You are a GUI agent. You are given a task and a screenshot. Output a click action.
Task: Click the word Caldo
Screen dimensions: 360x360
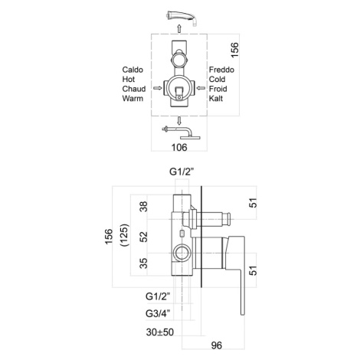(x=133, y=70)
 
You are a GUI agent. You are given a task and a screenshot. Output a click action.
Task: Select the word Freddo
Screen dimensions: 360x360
(x=221, y=70)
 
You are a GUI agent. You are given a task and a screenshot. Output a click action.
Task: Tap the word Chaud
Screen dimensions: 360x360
(x=134, y=89)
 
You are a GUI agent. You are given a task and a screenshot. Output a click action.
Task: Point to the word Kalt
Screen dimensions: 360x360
(x=216, y=98)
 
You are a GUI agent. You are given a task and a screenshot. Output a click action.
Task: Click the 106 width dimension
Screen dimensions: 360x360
(x=179, y=147)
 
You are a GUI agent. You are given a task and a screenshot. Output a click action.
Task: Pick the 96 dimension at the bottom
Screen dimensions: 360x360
(x=217, y=345)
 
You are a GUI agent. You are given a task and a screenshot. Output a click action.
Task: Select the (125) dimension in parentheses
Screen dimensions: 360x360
(x=124, y=235)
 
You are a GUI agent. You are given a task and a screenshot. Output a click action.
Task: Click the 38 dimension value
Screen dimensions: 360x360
(x=144, y=207)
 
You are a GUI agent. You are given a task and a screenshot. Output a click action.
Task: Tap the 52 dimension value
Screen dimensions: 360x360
(x=144, y=237)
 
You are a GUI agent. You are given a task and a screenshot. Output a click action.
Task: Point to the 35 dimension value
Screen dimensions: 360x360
(x=144, y=263)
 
